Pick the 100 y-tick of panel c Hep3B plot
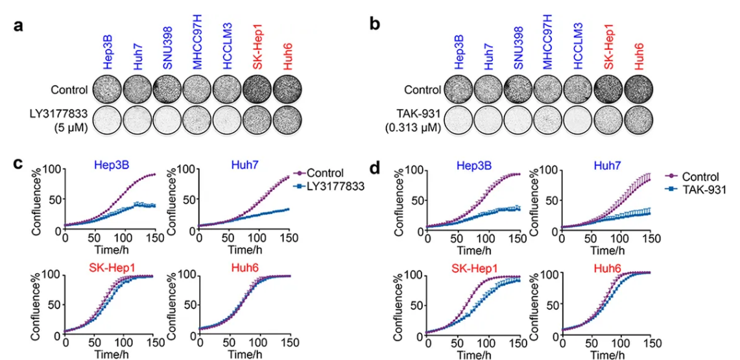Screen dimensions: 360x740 pos(52,170)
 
